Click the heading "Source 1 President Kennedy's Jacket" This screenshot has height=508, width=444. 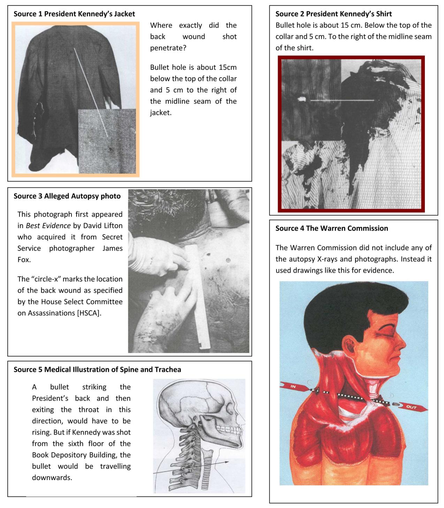tap(74, 14)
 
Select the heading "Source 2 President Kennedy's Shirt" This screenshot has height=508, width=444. tap(334, 14)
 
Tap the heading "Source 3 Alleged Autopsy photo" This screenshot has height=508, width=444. tap(67, 196)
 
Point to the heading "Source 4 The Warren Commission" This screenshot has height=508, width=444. tap(331, 228)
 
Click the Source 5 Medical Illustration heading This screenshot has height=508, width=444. tap(97, 369)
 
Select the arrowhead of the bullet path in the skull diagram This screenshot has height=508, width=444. tap(227, 462)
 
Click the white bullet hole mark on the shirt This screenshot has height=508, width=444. tap(301, 100)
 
